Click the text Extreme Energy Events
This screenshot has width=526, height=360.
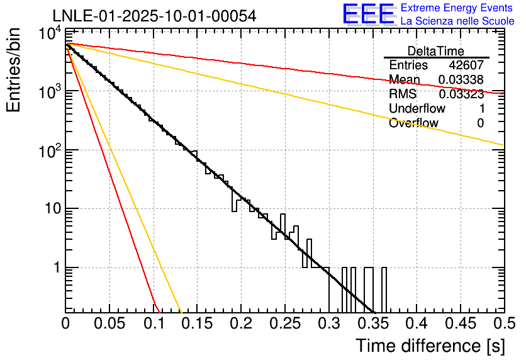tap(457, 8)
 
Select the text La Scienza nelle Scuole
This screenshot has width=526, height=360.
tap(457, 21)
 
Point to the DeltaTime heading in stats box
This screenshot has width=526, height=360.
tap(436, 51)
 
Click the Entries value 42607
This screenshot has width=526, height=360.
tap(466, 65)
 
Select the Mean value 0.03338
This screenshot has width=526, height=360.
tap(461, 80)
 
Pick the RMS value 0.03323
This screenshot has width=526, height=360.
tap(461, 94)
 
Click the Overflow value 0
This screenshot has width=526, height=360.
tap(480, 123)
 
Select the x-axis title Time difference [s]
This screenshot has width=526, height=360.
tap(430, 346)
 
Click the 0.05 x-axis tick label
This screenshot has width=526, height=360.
tap(109, 324)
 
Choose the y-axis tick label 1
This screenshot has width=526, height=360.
tap(55, 267)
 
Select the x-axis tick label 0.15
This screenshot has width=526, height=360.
tap(197, 324)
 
